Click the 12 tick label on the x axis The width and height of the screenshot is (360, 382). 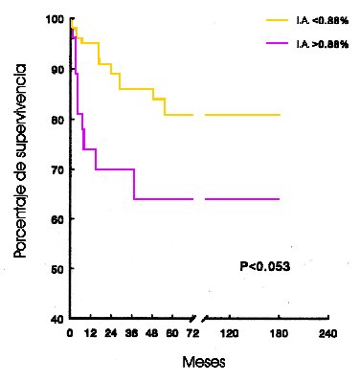(x=89, y=334)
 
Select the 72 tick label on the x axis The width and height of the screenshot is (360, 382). (x=193, y=334)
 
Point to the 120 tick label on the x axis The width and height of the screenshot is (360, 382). (x=229, y=334)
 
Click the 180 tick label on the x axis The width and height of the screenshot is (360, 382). (x=278, y=334)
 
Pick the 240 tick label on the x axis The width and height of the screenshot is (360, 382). (x=326, y=334)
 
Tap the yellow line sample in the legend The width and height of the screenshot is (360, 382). (x=279, y=18)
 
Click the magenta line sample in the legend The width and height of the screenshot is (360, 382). (x=279, y=44)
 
